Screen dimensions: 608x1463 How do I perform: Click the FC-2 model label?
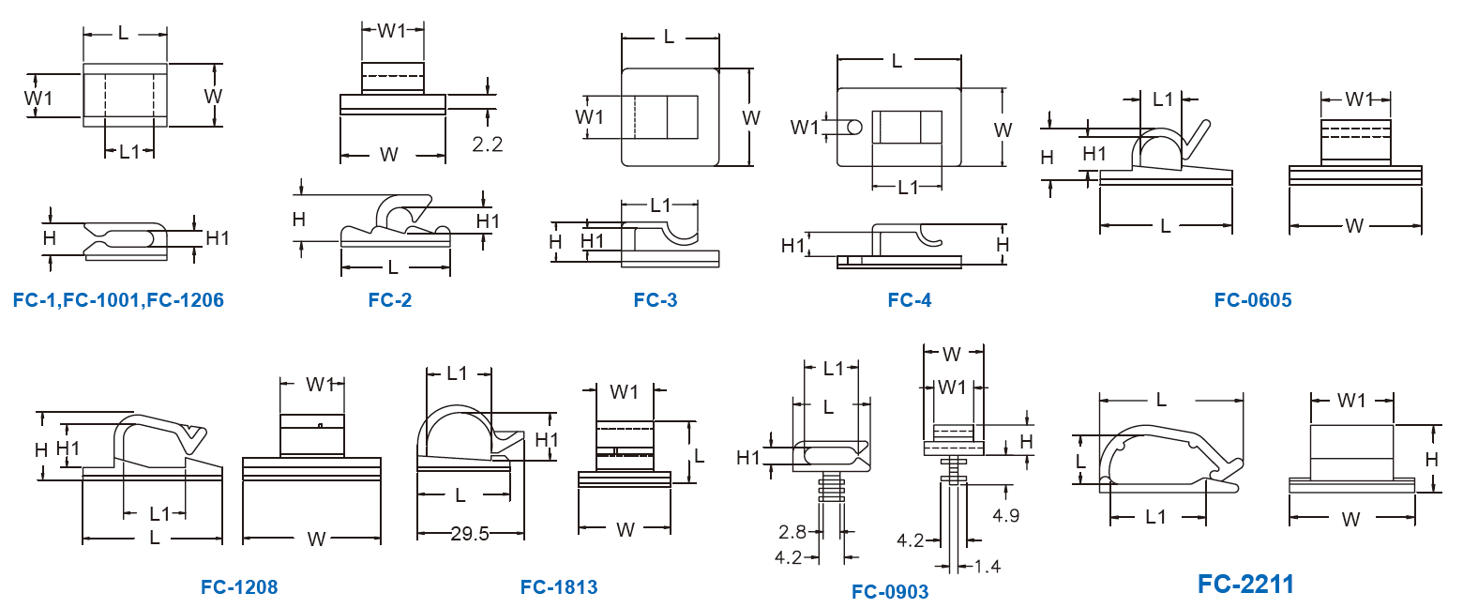(389, 300)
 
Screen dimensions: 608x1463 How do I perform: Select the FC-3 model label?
(655, 300)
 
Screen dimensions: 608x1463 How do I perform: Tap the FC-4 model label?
(909, 300)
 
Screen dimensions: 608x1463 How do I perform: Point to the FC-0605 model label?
(1252, 300)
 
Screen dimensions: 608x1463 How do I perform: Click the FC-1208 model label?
(239, 587)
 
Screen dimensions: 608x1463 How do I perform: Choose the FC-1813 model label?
(558, 587)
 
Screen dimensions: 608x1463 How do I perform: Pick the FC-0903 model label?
(890, 591)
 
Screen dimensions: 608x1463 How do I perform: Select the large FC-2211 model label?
(1245, 585)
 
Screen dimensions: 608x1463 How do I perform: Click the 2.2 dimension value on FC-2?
(488, 144)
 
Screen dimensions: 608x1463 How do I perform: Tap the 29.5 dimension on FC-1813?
(470, 533)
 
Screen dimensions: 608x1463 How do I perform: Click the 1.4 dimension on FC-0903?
(988, 566)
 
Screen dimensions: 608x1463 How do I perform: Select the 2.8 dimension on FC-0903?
(792, 532)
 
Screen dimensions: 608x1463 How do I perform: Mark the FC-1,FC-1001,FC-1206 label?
(118, 300)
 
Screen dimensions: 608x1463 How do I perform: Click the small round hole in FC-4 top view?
(855, 127)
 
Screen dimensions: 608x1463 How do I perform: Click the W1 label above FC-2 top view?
(392, 30)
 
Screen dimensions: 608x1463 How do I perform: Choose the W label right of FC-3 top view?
(750, 118)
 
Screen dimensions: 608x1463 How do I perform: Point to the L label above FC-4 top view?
(897, 61)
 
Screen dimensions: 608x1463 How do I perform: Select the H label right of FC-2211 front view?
(1431, 459)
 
